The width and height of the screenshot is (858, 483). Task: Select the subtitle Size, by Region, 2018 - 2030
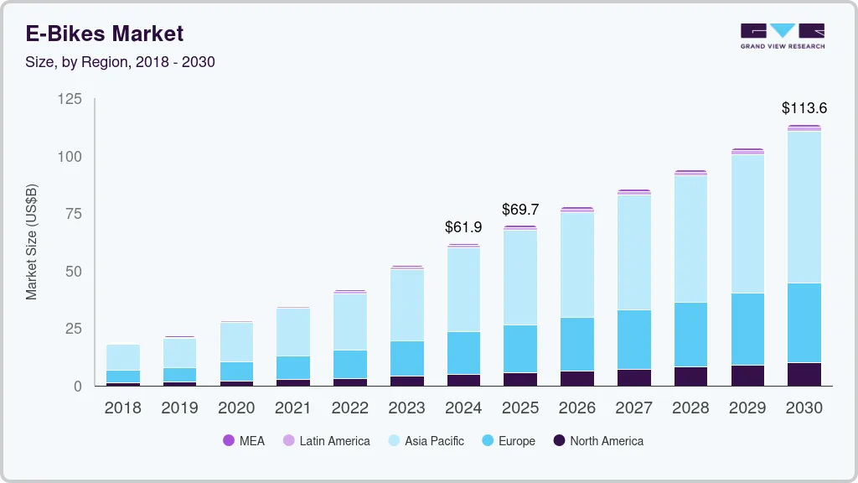[120, 62]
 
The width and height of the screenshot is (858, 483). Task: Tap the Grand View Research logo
[782, 36]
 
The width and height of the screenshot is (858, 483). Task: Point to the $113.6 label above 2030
[804, 108]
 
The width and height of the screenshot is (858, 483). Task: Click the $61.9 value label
[463, 227]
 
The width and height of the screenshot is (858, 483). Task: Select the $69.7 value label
[520, 209]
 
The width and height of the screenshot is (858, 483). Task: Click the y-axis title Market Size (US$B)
[32, 242]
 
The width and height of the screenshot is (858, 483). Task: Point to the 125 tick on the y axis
[70, 100]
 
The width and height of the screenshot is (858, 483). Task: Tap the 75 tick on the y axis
[74, 214]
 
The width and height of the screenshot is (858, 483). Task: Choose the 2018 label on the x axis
[122, 408]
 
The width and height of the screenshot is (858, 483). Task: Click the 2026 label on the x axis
[577, 408]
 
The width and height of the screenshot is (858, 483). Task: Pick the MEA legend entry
[244, 441]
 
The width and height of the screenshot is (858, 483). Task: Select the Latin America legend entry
[326, 441]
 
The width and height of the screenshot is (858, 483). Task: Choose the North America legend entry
[597, 441]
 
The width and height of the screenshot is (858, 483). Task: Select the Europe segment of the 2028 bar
[690, 335]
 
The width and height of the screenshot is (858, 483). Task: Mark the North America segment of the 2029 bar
[747, 375]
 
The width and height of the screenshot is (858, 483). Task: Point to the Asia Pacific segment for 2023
[406, 305]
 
